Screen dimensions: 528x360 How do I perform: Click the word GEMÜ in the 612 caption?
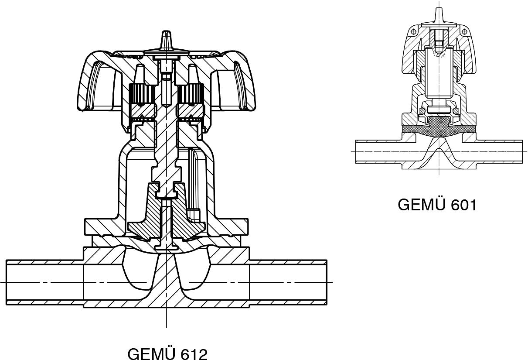(152, 353)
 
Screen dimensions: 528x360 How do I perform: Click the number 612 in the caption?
(194, 354)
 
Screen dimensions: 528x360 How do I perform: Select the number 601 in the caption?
(463, 205)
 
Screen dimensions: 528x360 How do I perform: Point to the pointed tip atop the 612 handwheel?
(166, 31)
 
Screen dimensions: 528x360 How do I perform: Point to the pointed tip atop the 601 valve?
(439, 9)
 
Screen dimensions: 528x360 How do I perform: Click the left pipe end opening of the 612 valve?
(7, 283)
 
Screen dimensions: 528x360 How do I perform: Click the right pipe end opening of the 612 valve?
(326, 283)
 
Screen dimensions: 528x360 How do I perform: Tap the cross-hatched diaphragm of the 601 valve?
(439, 129)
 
